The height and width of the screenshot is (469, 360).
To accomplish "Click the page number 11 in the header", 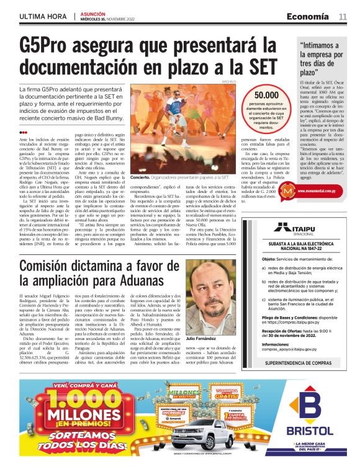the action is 343,16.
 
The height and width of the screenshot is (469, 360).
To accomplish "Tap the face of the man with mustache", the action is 210,292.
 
